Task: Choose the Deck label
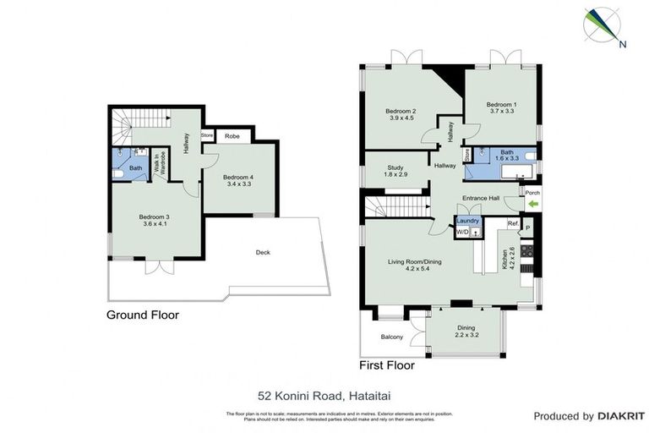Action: [x=264, y=252]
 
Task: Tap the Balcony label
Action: [x=391, y=337]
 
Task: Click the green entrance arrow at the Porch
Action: [x=532, y=204]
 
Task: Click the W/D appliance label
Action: [x=461, y=231]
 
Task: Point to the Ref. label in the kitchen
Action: [x=512, y=223]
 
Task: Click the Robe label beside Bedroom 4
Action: [x=232, y=135]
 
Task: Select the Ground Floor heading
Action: [x=142, y=315]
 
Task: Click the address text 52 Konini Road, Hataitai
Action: [x=324, y=394]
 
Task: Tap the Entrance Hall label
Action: [x=482, y=198]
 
